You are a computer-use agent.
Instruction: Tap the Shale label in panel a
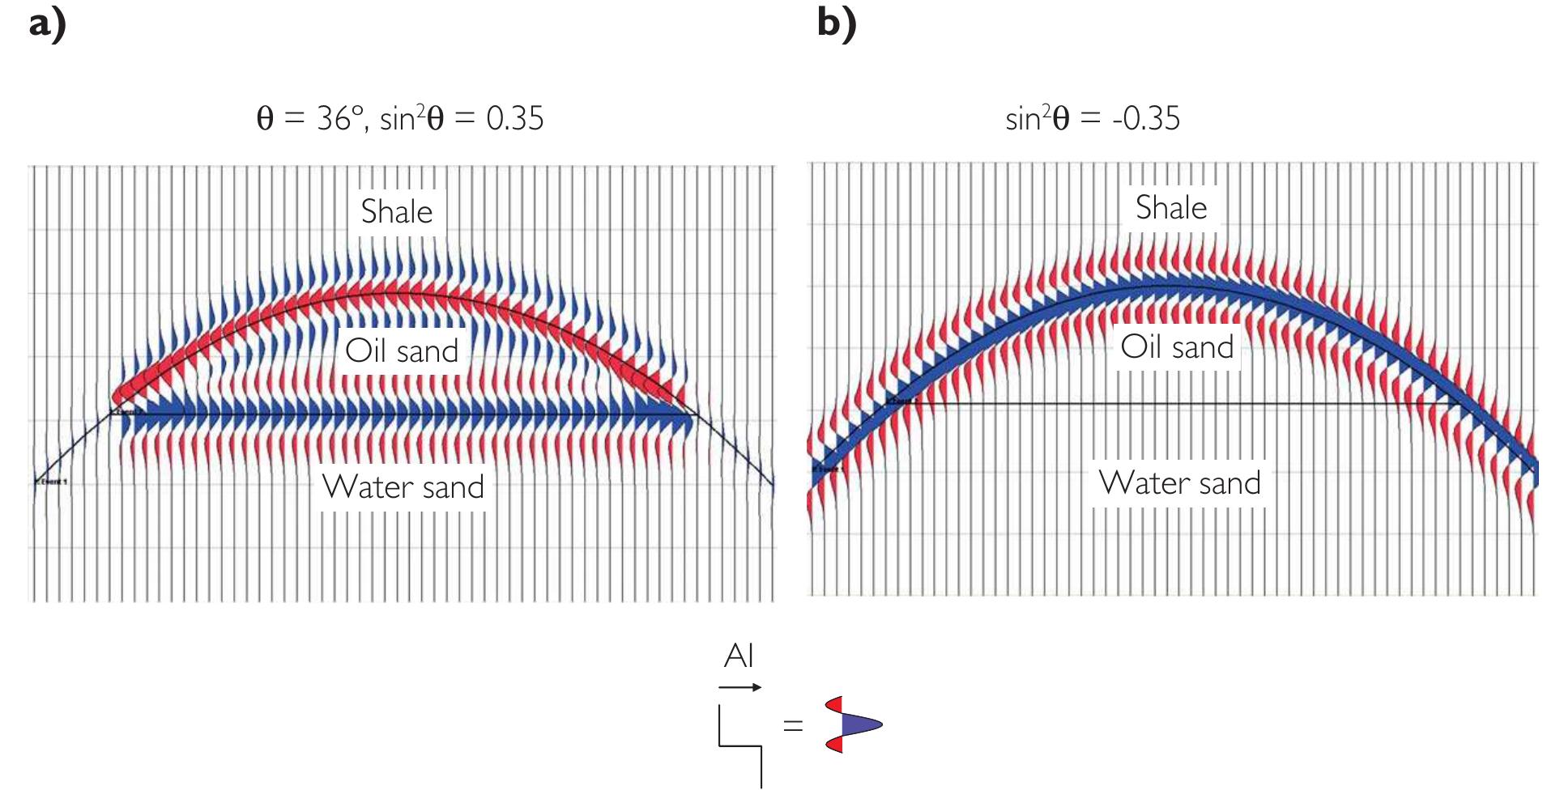pyautogui.click(x=397, y=212)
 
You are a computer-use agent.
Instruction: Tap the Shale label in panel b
pyautogui.click(x=1171, y=208)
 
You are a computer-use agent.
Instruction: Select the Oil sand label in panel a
pyautogui.click(x=402, y=351)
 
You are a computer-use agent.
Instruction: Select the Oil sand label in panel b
pyautogui.click(x=1177, y=347)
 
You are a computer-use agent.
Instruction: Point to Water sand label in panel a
pyautogui.click(x=403, y=487)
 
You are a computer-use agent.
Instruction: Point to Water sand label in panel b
pyautogui.click(x=1180, y=483)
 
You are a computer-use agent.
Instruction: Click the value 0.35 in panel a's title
pyautogui.click(x=515, y=119)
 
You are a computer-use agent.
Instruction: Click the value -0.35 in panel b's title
pyautogui.click(x=1147, y=119)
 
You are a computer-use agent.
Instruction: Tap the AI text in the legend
pyautogui.click(x=739, y=656)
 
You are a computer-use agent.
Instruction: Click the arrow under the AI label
pyautogui.click(x=739, y=688)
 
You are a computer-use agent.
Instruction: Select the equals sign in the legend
pyautogui.click(x=793, y=725)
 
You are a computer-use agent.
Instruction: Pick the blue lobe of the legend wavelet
pyautogui.click(x=859, y=724)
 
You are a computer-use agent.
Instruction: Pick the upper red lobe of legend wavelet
pyautogui.click(x=835, y=704)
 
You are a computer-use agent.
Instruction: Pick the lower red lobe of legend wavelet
pyautogui.click(x=835, y=745)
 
